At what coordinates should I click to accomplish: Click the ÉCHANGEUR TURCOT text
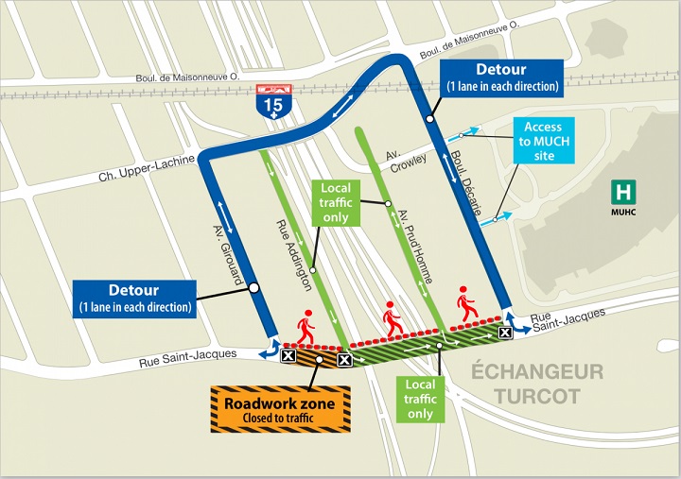tap(537, 384)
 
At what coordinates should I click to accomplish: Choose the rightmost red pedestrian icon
tap(466, 303)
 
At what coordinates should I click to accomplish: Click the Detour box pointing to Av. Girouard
tap(131, 298)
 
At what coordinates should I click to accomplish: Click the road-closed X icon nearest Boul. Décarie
tap(506, 332)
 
